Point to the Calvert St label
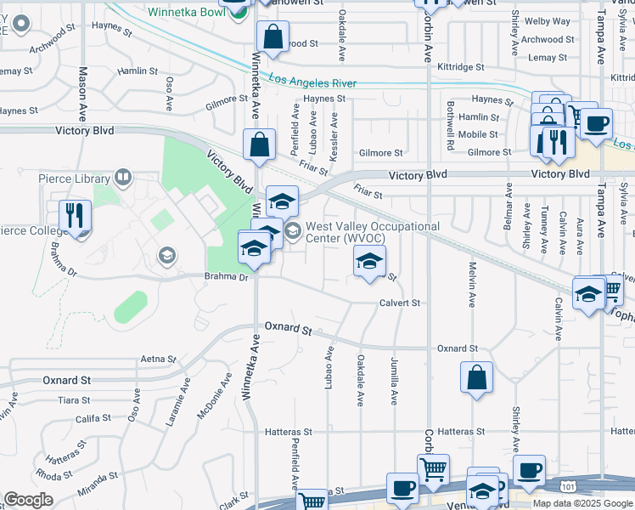pyautogui.click(x=400, y=303)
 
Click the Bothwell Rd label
pyautogui.click(x=450, y=127)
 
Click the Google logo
pyautogui.click(x=28, y=500)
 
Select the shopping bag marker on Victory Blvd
pyautogui.click(x=259, y=145)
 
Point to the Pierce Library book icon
pyautogui.click(x=124, y=178)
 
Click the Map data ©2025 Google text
pyautogui.click(x=582, y=503)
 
